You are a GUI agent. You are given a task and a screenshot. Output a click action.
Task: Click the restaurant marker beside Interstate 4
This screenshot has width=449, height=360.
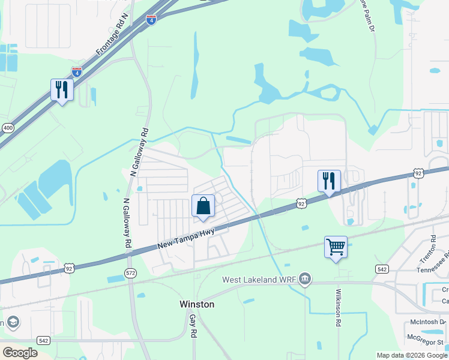62,90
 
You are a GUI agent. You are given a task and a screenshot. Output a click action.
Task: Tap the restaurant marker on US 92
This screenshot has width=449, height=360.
329,181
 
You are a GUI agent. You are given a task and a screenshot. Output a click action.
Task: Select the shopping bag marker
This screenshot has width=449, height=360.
203,205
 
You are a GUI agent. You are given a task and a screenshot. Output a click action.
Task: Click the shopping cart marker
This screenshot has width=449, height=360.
336,246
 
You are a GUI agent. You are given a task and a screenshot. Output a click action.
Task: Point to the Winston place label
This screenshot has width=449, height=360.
197,304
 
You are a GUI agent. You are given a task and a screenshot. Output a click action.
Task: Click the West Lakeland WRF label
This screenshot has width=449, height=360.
259,280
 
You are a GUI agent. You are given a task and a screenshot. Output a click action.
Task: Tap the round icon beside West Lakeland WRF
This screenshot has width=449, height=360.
305,278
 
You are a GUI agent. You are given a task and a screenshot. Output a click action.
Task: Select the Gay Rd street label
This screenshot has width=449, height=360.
193,325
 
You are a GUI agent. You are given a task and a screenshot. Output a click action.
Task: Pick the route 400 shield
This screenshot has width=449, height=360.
8,128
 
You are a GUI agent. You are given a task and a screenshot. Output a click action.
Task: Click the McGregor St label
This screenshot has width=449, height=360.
427,341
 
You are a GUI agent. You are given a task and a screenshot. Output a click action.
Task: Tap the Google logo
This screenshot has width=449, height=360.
20,353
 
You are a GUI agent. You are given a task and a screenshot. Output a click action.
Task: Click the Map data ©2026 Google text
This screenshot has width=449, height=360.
411,355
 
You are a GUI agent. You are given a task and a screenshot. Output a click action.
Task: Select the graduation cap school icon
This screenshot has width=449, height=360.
11,322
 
